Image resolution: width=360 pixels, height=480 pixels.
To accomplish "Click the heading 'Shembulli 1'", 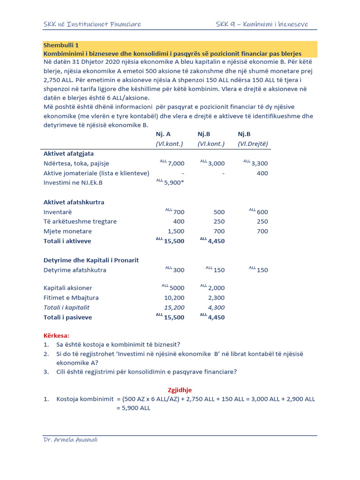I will [61, 45].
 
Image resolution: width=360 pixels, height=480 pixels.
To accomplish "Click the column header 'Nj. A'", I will [164, 134].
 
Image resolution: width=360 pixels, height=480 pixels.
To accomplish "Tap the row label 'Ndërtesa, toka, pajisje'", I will [76, 163].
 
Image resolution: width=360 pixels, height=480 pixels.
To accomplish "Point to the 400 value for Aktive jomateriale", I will [262, 173].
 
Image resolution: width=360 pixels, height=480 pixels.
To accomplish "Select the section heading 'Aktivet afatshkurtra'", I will [74, 202].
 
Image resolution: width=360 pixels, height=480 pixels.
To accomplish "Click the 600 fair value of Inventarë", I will [262, 212].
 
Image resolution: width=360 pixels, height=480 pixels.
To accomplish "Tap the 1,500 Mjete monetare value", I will [176, 232].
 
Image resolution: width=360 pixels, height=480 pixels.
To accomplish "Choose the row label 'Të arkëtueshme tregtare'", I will [80, 221].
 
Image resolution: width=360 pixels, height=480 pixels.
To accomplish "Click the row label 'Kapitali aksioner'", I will [68, 288].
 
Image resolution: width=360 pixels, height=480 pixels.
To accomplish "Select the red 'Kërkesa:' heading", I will [56, 336].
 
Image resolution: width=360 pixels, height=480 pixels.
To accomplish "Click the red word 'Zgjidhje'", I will [180, 390].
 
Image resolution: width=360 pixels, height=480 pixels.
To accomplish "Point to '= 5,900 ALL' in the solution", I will [133, 408].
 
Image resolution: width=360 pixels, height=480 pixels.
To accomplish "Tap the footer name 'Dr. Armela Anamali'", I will [70, 439].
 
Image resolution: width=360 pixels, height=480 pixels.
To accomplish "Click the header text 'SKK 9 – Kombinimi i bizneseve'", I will [262, 24].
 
